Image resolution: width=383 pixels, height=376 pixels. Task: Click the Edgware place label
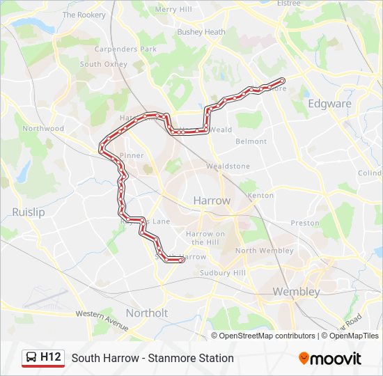click(x=329, y=104)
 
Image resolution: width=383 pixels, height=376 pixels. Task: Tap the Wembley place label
click(x=296, y=292)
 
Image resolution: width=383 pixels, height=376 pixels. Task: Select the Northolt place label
click(x=146, y=313)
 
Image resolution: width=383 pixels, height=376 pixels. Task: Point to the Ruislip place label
click(x=29, y=212)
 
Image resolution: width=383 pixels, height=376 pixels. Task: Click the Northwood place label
click(x=43, y=129)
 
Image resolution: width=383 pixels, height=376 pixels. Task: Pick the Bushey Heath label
click(x=201, y=32)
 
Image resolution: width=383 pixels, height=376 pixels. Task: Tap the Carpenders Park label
click(x=125, y=50)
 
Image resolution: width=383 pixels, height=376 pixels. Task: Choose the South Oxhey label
click(x=103, y=64)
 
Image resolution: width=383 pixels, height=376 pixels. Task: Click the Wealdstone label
click(x=228, y=166)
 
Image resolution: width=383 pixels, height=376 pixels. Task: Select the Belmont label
click(x=251, y=141)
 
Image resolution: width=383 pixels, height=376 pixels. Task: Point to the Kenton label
click(x=260, y=196)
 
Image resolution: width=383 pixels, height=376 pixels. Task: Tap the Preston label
click(x=304, y=224)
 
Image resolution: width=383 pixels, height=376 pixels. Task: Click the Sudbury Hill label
click(x=223, y=273)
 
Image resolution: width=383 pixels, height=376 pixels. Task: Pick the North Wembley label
click(x=265, y=251)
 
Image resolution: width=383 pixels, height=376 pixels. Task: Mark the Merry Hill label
click(x=173, y=10)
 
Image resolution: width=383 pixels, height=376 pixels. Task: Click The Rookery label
click(x=84, y=15)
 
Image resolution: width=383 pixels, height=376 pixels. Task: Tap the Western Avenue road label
click(x=102, y=321)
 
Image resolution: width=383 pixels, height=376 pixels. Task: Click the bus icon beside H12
click(x=32, y=358)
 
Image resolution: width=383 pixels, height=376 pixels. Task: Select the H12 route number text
click(x=51, y=358)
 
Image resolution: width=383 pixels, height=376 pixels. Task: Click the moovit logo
click(x=330, y=359)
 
